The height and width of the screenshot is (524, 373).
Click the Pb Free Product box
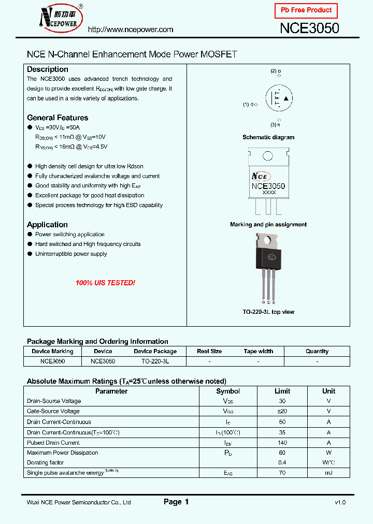click(x=306, y=10)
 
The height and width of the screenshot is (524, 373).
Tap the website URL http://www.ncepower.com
click(x=131, y=30)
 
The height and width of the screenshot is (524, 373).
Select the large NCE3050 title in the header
click(x=309, y=28)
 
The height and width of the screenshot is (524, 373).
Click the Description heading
click(x=47, y=69)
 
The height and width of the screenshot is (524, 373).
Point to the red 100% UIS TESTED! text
click(x=105, y=283)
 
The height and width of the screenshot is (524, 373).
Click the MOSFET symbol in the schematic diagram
click(x=279, y=98)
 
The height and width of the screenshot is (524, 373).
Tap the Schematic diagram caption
click(x=268, y=137)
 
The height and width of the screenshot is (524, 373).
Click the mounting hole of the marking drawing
click(x=268, y=156)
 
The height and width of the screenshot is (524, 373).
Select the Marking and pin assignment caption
click(x=268, y=225)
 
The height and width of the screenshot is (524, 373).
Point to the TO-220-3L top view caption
click(x=268, y=312)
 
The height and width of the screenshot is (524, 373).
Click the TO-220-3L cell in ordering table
click(x=155, y=361)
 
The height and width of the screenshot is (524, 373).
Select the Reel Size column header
click(x=209, y=351)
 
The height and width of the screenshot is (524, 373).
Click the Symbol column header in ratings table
click(x=228, y=391)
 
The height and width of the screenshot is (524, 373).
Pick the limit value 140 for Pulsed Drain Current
click(x=282, y=443)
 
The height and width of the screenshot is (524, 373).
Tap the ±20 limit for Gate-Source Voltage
click(x=282, y=411)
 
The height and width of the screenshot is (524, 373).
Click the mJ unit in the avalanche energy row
click(x=328, y=473)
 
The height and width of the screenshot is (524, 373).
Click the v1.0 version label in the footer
click(x=340, y=502)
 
